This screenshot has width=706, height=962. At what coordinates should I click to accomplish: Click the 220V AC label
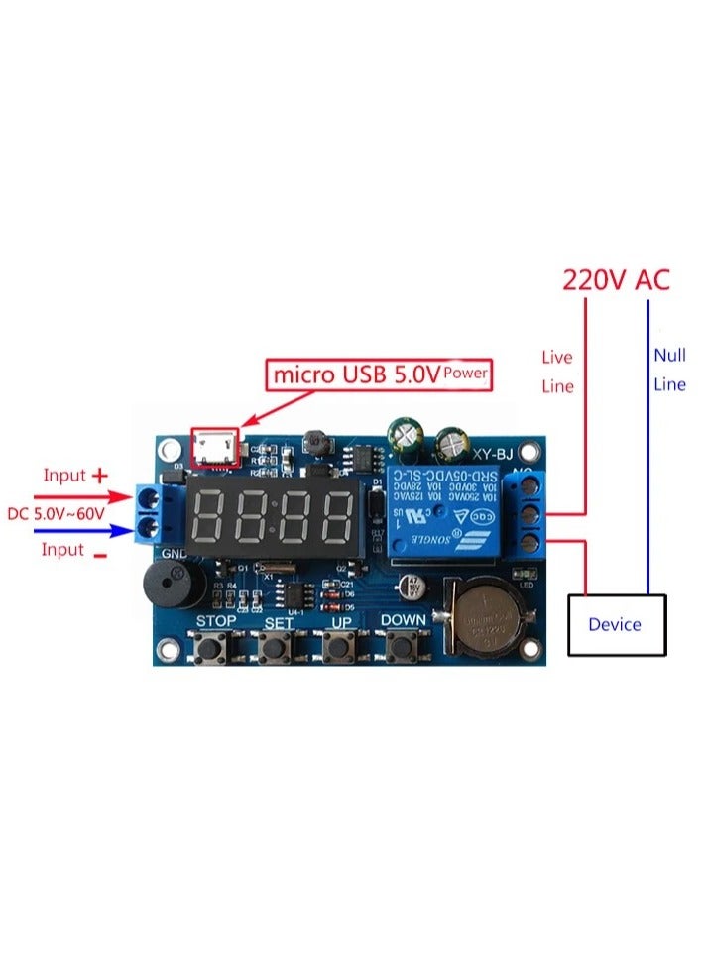pyautogui.click(x=616, y=279)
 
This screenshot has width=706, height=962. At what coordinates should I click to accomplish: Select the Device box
pyautogui.click(x=615, y=624)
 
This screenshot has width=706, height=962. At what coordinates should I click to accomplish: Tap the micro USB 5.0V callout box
pyautogui.click(x=381, y=374)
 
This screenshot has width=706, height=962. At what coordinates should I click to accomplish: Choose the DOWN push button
pyautogui.click(x=401, y=648)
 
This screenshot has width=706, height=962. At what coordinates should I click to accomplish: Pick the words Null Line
pyautogui.click(x=669, y=370)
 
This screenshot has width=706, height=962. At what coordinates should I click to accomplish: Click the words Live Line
pyautogui.click(x=557, y=372)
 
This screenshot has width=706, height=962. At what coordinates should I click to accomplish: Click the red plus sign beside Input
pyautogui.click(x=99, y=476)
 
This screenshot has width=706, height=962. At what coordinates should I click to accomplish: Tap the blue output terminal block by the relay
pyautogui.click(x=525, y=514)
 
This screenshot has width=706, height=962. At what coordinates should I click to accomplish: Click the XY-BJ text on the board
pyautogui.click(x=492, y=455)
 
